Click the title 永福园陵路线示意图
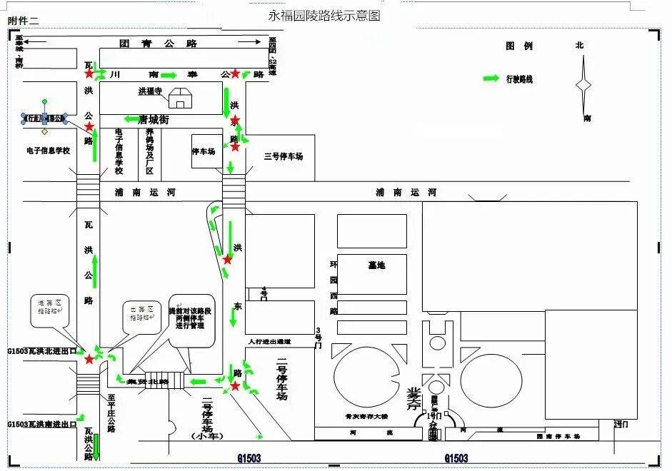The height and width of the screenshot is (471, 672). tap(324, 15)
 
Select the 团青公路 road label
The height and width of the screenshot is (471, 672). tap(158, 44)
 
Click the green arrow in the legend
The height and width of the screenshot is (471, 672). tap(491, 78)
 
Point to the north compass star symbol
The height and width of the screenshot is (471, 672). tap(583, 85)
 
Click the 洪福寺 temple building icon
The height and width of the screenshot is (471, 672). tap(180, 99)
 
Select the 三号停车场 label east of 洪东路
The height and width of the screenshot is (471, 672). tap(284, 156)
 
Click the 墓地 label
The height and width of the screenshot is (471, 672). tap(376, 265)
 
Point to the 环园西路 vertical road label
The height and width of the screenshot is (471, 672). tap(333, 287)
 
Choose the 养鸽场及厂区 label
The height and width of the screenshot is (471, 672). tap(150, 152)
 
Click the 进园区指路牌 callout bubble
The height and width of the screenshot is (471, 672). tap(49, 308)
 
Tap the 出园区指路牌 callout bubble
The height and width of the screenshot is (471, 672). tap(141, 313)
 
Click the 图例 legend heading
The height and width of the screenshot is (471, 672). tap(519, 46)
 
